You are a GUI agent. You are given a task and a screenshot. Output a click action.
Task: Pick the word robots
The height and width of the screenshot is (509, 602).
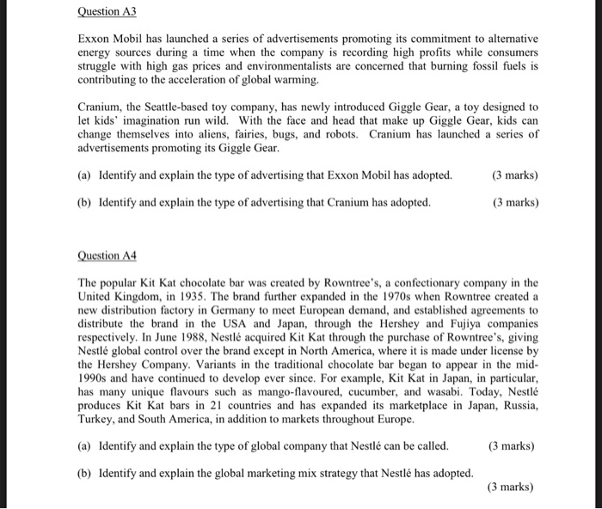[x=338, y=134]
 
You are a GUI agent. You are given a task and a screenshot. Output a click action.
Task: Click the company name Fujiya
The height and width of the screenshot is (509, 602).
[x=451, y=324]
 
